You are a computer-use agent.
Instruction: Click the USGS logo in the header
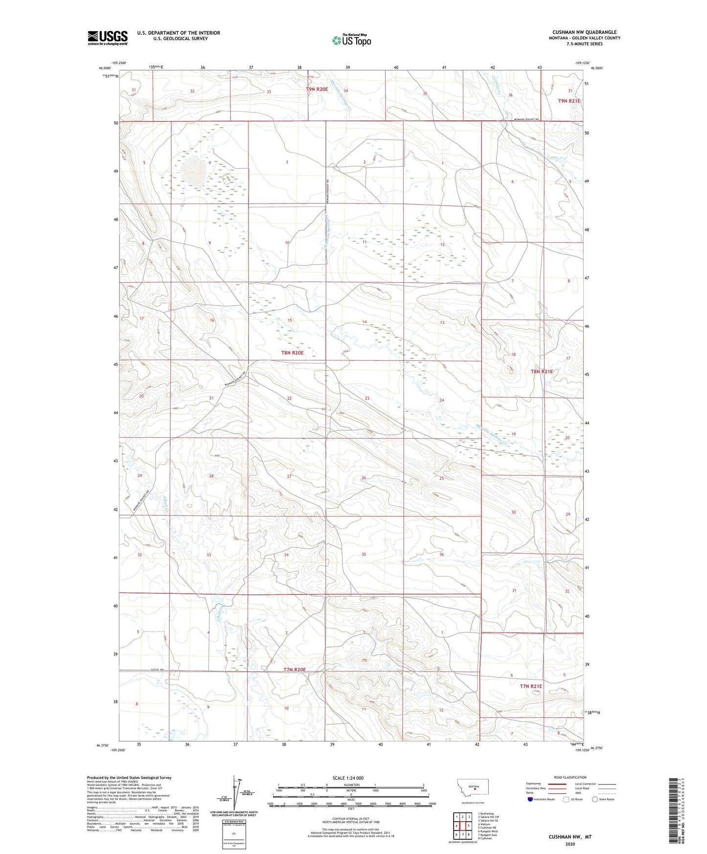(107, 38)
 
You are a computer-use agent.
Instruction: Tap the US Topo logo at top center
(351, 40)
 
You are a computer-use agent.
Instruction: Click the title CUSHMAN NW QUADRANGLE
(584, 32)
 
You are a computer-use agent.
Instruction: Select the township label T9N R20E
(317, 89)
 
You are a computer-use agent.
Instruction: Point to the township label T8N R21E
(542, 371)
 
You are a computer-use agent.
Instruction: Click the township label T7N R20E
(295, 670)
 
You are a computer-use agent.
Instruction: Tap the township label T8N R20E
(292, 352)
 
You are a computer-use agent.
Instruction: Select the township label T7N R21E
(530, 686)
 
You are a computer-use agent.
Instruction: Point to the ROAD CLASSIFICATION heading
(570, 777)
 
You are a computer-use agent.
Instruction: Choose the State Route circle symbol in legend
(595, 799)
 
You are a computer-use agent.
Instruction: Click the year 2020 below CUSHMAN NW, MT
(570, 844)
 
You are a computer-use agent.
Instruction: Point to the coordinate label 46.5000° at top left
(105, 68)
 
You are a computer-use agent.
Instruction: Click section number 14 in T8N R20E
(365, 322)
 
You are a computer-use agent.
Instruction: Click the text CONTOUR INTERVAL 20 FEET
(350, 818)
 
